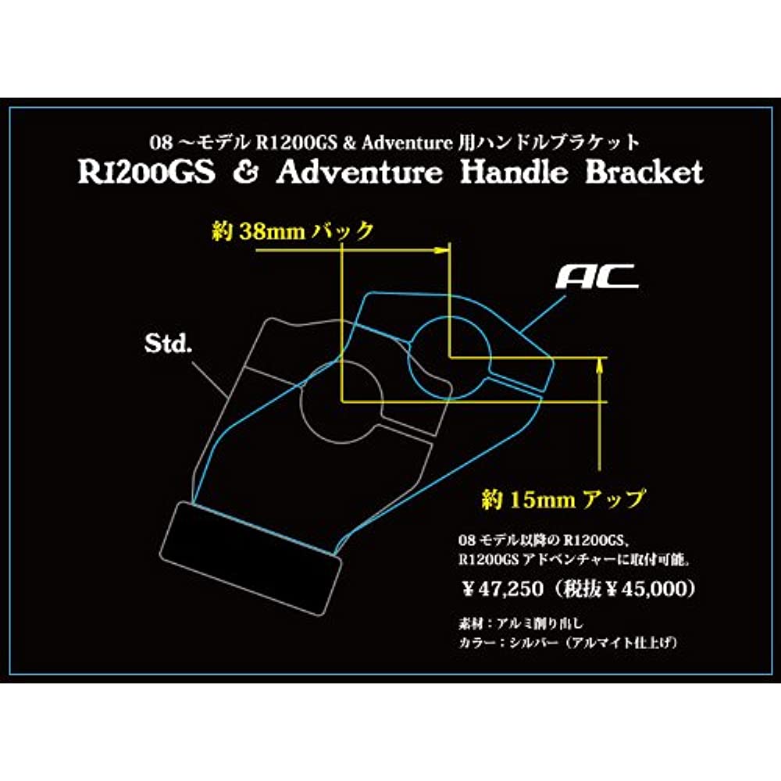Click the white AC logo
[598, 276]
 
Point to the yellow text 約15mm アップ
[564, 498]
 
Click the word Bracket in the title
[644, 173]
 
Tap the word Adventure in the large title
[358, 173]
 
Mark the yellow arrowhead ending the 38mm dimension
[447, 249]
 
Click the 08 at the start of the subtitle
[159, 143]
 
